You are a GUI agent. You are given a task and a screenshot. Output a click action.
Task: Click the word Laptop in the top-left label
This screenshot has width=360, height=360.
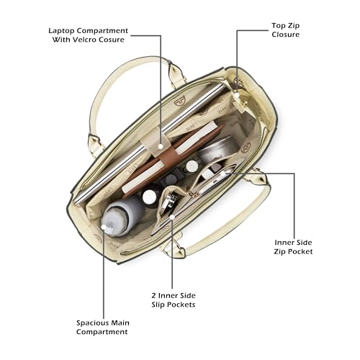61,31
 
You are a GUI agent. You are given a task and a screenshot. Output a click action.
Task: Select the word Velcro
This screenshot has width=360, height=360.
84,40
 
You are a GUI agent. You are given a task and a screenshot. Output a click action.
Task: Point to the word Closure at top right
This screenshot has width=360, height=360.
286,35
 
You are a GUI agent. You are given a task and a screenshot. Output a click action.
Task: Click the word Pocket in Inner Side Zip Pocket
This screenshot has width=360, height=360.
300,252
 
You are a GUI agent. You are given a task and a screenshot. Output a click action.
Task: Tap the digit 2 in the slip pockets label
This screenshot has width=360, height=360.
154,295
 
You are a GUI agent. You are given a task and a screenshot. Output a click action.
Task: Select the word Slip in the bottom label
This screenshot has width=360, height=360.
158,305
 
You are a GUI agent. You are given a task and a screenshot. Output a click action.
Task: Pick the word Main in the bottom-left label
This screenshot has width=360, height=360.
121,323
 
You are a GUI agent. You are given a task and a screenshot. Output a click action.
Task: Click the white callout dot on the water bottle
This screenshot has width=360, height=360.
104,227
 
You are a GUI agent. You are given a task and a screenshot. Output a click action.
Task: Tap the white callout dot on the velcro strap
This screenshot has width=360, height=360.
161,145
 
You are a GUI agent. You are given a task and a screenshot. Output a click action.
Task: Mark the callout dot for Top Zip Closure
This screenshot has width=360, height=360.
237,95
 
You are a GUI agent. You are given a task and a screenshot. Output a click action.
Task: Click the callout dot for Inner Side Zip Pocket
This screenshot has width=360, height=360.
223,173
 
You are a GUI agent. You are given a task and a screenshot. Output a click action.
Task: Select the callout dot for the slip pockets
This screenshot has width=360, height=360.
172,217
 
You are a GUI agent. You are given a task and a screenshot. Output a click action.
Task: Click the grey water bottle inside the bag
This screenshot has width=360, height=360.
121,216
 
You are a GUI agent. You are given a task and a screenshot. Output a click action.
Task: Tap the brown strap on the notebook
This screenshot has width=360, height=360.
169,155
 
